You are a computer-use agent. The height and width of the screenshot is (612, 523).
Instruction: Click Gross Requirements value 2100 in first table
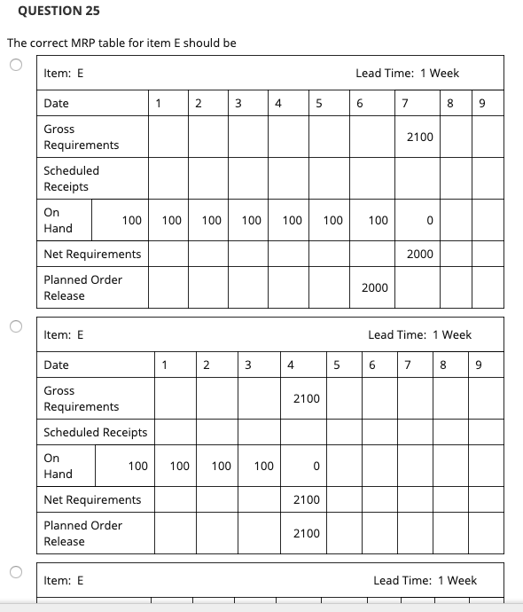coord(419,137)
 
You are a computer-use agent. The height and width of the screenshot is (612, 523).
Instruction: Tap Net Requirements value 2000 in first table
coord(419,254)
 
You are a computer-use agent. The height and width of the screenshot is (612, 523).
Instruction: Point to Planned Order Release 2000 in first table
coord(374,287)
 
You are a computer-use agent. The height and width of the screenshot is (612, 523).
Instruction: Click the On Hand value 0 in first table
coord(429,220)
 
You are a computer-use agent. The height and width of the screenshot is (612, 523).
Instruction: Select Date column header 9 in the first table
coord(481,104)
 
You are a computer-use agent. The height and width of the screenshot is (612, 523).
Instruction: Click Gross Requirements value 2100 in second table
coord(306,398)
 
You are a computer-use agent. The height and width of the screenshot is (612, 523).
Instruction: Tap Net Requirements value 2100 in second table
coord(306,499)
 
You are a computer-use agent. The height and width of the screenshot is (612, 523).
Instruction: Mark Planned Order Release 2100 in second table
coord(306,533)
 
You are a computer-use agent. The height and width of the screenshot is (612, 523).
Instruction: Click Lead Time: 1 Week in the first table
coord(407,73)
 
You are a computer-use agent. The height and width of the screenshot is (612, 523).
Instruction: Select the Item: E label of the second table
coord(64,334)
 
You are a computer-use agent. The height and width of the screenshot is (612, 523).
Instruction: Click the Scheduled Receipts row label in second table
coord(96,432)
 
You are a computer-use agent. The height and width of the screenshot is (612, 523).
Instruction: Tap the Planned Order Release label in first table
coord(83,287)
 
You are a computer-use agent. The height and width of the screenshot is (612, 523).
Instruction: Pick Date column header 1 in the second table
coord(163,365)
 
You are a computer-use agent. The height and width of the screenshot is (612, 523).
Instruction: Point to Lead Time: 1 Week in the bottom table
coord(425,580)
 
